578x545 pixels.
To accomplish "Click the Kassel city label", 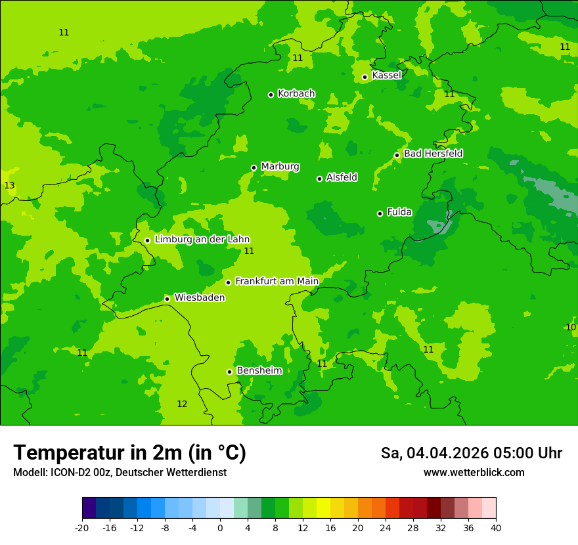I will click(x=386, y=76).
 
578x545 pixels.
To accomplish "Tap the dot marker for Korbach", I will click(x=271, y=95).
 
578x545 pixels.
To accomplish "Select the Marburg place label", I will click(x=280, y=167).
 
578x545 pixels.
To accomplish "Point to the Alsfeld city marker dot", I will click(x=319, y=179).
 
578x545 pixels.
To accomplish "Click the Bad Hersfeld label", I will click(x=433, y=154).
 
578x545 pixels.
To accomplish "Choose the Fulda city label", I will click(x=399, y=212).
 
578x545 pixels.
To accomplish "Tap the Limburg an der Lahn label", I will click(x=202, y=240).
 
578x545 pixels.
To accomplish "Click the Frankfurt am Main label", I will click(x=277, y=281).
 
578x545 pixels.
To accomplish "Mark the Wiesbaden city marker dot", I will click(x=167, y=299).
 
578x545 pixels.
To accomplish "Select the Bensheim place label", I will click(x=259, y=370).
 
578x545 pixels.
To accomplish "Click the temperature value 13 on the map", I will click(x=9, y=186).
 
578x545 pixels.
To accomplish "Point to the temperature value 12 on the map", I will click(x=182, y=404).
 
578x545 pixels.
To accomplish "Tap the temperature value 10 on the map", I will click(x=571, y=327).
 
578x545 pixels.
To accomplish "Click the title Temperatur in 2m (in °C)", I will click(x=129, y=453).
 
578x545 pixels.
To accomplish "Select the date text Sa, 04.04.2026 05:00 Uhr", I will click(x=471, y=453).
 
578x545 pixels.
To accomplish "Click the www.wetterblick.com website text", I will click(x=474, y=473).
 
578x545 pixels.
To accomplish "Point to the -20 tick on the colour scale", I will click(x=82, y=527).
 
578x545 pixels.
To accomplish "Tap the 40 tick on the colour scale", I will click(x=496, y=527).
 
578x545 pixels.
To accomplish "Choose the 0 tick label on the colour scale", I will click(x=220, y=527).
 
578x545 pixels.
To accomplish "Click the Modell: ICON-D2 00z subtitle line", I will click(x=120, y=473).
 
